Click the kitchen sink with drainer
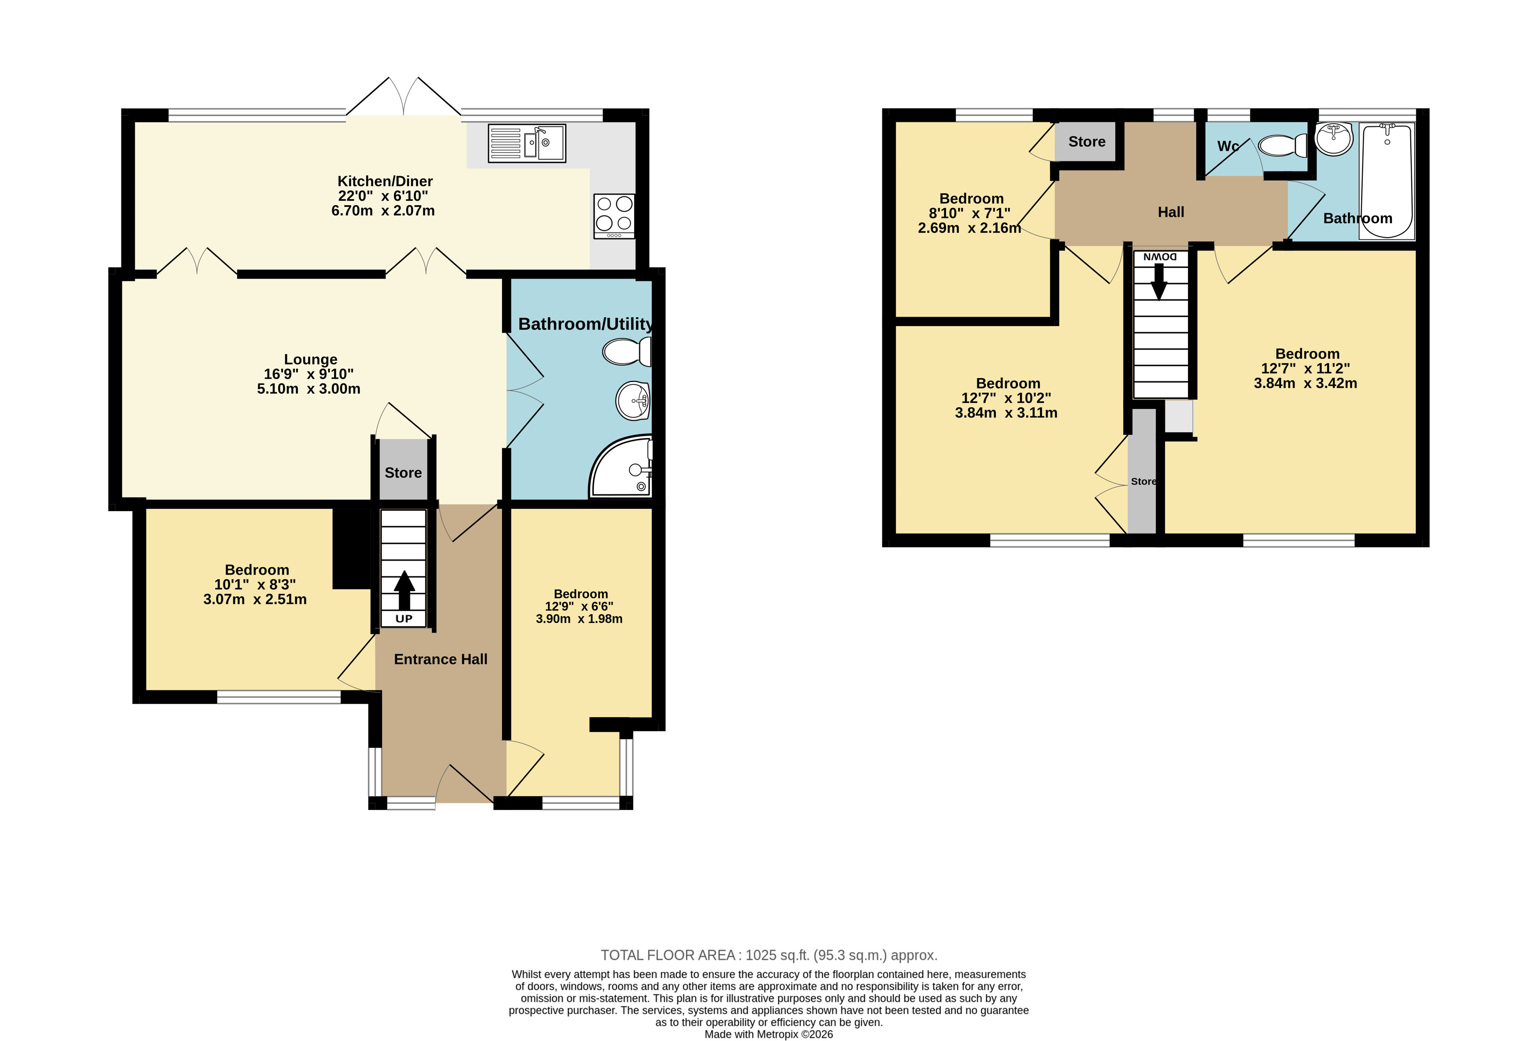(527, 143)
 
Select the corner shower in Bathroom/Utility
(621, 466)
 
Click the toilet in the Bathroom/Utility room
(627, 351)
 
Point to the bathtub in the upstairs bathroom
(1387, 181)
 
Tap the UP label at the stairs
(404, 619)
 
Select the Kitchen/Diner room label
(385, 181)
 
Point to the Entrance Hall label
(441, 659)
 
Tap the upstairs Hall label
(1170, 212)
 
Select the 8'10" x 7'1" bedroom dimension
(970, 213)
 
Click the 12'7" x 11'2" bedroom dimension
(1305, 368)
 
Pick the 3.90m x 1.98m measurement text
(579, 619)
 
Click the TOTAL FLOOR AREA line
(769, 955)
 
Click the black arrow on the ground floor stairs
(404, 590)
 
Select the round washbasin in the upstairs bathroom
(1334, 139)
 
